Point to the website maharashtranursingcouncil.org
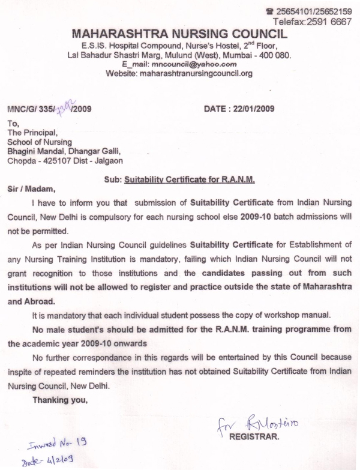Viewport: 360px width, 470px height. (196, 73)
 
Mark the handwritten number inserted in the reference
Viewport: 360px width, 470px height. (64, 107)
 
